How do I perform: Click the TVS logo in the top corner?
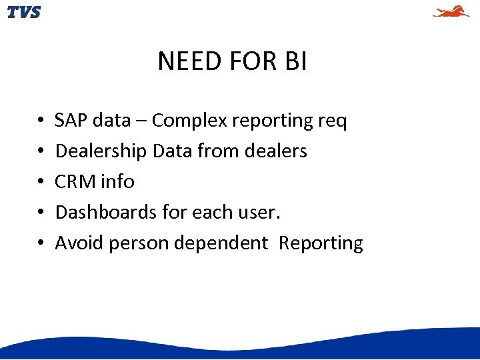(x=24, y=12)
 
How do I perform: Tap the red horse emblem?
(x=451, y=11)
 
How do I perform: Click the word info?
(x=117, y=182)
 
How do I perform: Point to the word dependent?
(x=220, y=243)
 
